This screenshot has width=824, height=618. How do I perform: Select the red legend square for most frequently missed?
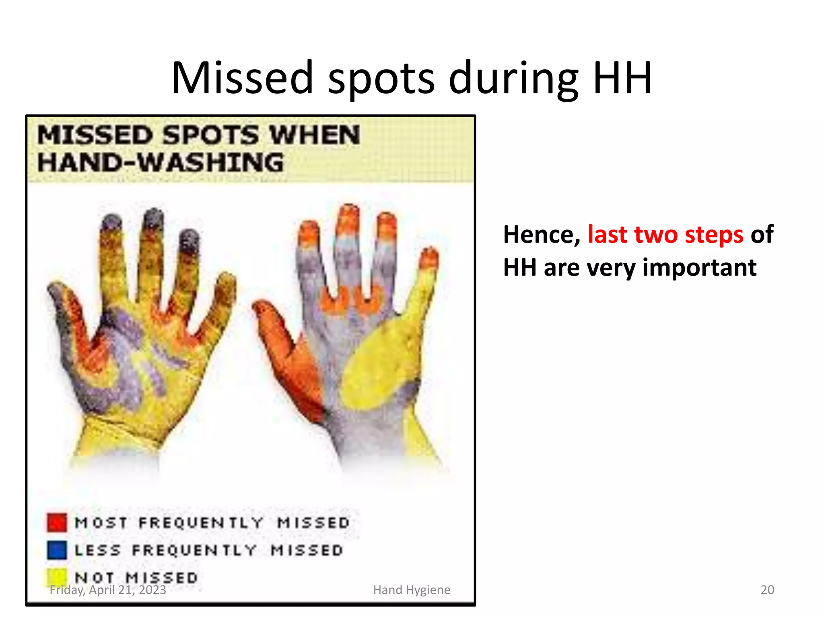coord(57,522)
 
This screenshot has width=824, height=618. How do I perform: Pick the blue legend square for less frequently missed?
coord(57,550)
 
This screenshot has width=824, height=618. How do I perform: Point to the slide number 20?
coord(767,589)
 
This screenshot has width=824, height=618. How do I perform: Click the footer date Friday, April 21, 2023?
coord(108,590)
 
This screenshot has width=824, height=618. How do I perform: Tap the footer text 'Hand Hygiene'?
coord(412,590)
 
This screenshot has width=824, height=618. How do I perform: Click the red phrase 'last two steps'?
coord(665,235)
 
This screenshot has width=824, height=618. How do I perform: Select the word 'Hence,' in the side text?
coord(542,235)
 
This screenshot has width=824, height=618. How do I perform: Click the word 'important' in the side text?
coord(699,268)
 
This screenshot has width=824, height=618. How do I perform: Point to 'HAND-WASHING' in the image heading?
coord(161,163)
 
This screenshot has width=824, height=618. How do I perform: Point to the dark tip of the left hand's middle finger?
coord(152,219)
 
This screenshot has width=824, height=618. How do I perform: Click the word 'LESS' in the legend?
coord(98,550)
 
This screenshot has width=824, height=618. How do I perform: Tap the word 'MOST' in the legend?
coord(101,523)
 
